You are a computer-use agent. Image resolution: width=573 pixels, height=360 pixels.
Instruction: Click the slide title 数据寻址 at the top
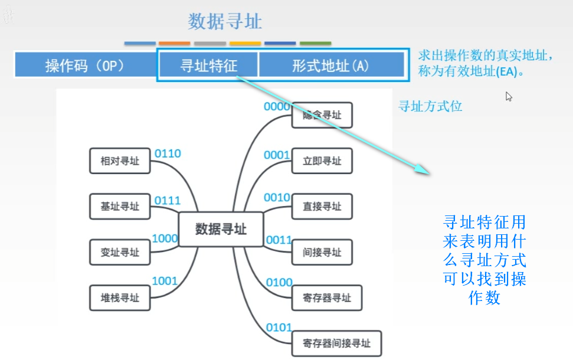(225, 22)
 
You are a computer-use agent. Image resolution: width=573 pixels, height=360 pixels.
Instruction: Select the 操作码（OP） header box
(85, 66)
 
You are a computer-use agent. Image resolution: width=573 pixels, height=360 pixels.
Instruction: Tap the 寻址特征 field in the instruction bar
(208, 66)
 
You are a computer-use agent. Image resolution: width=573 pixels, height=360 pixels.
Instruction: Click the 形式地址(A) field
(330, 66)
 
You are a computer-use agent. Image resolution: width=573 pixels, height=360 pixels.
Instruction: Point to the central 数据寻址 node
(221, 229)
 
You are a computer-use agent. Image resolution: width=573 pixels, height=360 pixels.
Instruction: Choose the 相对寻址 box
(120, 161)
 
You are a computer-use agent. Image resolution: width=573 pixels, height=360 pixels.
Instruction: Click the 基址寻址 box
(120, 207)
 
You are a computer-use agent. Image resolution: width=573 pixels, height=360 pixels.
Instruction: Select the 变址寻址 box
(120, 252)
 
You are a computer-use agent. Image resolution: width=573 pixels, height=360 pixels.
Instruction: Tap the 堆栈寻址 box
(120, 298)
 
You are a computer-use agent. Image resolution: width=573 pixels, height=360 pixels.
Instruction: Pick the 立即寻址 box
(322, 161)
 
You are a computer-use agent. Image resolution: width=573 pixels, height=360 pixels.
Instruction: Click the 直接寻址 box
(322, 207)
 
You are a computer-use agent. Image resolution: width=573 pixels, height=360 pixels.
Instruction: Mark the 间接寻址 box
(322, 252)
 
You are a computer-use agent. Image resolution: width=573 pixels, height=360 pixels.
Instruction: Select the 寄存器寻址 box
(326, 298)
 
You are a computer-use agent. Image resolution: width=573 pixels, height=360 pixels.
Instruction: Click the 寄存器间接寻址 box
(336, 343)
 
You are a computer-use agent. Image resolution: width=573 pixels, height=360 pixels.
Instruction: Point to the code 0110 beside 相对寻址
(168, 154)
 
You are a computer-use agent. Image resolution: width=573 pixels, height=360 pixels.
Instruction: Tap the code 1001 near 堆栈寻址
(165, 281)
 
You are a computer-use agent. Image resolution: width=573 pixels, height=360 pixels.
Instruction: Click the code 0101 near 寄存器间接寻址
(279, 328)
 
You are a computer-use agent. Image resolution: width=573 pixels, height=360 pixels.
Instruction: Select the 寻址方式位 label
(430, 106)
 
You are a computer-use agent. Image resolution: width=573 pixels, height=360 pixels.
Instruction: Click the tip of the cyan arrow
(431, 174)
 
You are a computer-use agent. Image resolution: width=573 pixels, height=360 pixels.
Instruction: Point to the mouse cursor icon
(508, 96)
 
